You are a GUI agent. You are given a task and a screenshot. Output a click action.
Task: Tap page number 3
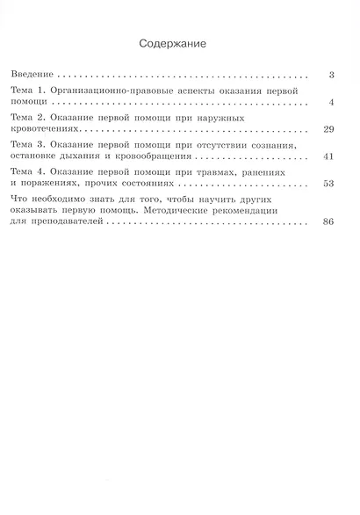[331, 76]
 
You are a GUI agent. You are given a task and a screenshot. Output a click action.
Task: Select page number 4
[331, 103]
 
